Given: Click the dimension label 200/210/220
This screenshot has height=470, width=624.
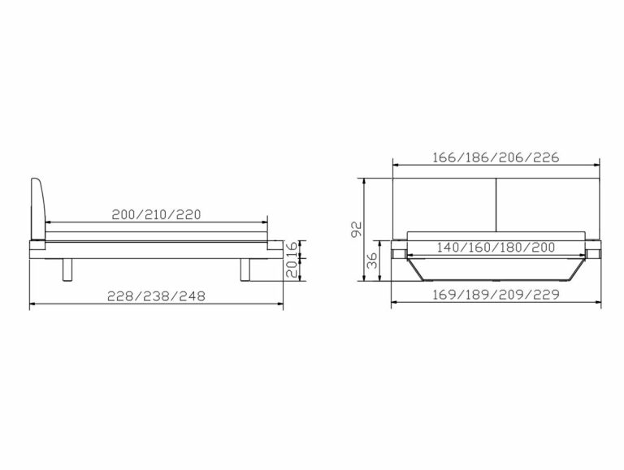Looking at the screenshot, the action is pos(156,215).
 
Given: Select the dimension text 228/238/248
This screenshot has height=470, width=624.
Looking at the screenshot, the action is pos(156,296).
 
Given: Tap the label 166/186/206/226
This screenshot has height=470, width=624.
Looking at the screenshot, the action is pos(496,157).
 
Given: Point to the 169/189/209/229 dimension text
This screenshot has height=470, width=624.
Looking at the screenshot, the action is pos(496,295).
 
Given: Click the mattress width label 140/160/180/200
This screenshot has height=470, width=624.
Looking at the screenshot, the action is pos(496,248).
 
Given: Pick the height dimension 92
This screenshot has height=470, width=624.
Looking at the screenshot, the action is pos(357,229).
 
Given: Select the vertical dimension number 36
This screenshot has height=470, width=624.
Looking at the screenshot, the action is pos(372,261).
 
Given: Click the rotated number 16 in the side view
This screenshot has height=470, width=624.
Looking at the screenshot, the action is pos(292,249).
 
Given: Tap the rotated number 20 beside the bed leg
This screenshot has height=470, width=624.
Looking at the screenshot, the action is pos(292,269).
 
